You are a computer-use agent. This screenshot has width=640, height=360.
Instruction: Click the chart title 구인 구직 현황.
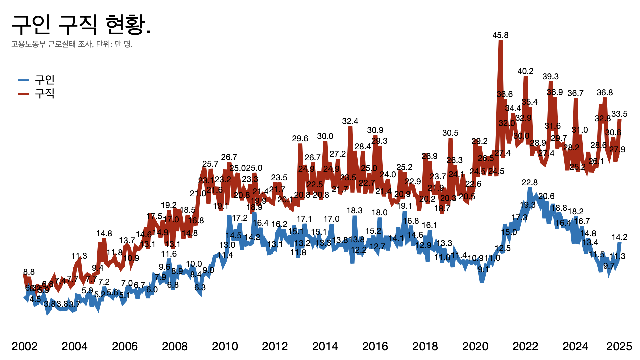[x=81, y=25]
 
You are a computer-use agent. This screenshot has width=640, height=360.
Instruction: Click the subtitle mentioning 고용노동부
[x=72, y=44]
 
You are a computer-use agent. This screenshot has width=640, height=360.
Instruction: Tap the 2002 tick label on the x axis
[x=24, y=347]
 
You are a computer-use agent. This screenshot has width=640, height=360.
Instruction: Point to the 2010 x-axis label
[x=225, y=347]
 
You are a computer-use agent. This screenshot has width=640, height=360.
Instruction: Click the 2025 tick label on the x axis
[x=619, y=347]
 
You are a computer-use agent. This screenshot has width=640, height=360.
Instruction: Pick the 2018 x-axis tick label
[x=425, y=347]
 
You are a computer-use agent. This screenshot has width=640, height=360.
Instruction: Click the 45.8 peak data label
[x=500, y=35]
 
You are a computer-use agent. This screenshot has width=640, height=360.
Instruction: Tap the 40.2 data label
[x=525, y=71]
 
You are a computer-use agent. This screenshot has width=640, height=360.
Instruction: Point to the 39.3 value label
[x=550, y=77]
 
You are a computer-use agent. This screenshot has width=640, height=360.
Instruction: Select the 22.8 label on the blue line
[x=530, y=183]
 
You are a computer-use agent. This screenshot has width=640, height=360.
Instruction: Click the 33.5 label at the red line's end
[x=619, y=114]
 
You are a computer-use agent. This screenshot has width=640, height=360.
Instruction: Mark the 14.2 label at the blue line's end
[x=619, y=237]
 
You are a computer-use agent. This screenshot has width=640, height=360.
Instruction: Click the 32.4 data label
[x=350, y=121]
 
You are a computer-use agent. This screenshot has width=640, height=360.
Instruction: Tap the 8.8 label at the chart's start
[x=29, y=272]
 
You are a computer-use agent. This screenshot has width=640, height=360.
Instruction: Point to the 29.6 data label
[x=300, y=139]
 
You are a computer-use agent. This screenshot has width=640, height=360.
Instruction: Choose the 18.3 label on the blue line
[x=354, y=211]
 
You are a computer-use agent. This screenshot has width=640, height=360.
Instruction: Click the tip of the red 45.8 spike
[x=500, y=41]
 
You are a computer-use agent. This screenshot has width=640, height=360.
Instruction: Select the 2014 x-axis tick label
[x=325, y=347]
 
